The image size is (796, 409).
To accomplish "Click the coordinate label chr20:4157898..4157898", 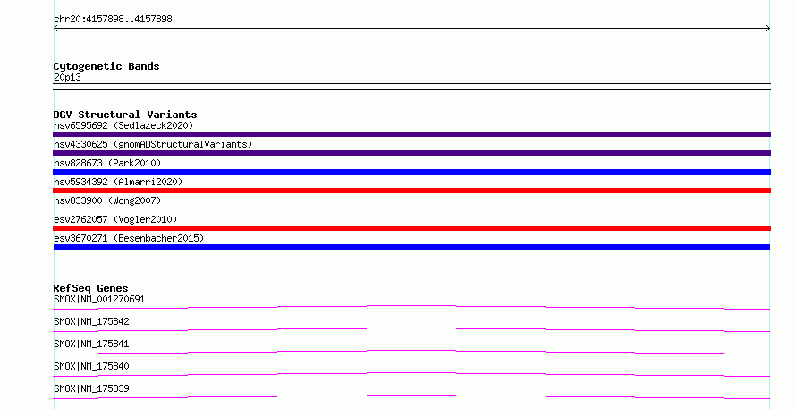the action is tap(113, 19).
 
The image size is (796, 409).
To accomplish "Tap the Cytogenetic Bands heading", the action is tap(106, 66).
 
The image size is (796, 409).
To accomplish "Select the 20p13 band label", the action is tap(67, 77).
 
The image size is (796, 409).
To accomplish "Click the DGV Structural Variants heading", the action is tap(125, 115).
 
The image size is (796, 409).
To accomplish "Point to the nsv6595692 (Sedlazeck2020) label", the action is tap(123, 125).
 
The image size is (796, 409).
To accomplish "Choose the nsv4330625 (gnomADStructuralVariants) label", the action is tap(153, 144).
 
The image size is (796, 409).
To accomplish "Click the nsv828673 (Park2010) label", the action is tap(107, 163).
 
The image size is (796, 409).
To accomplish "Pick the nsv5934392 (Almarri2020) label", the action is tap(118, 182).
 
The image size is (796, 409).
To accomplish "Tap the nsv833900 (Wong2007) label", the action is tap(107, 200).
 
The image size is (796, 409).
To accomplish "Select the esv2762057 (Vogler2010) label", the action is tap(115, 219).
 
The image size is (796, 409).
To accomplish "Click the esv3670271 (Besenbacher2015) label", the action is tap(129, 238).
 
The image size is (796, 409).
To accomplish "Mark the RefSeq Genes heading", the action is tap(90, 288).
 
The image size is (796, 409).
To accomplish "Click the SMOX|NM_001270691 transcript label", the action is tap(99, 299).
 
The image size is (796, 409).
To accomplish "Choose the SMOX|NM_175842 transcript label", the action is tap(91, 321).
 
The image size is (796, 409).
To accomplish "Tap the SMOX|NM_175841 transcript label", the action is tap(91, 344).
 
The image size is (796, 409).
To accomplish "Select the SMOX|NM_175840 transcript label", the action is tap(91, 366).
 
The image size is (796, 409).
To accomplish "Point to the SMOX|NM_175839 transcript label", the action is tap(91, 388).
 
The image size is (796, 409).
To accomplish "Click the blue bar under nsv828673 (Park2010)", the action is tap(411, 172).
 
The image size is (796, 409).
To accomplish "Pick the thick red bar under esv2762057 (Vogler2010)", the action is tap(411, 228).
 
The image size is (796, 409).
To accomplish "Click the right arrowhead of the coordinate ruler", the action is tap(769, 29).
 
